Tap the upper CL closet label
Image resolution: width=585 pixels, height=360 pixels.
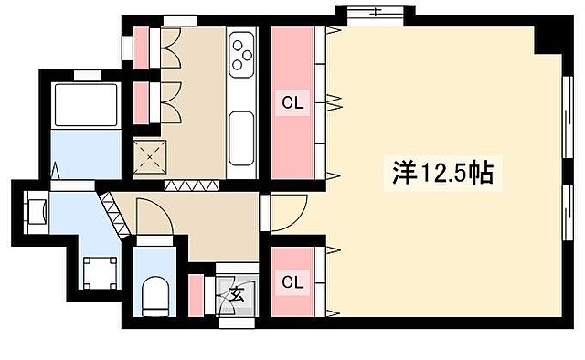(292, 104)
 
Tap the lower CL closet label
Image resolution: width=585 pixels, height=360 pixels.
(292, 281)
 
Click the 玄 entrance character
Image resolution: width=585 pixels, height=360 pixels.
(236, 294)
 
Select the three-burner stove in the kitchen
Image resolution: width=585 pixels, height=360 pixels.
(242, 52)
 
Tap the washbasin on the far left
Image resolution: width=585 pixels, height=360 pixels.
(36, 211)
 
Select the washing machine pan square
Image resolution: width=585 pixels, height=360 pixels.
(96, 271)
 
